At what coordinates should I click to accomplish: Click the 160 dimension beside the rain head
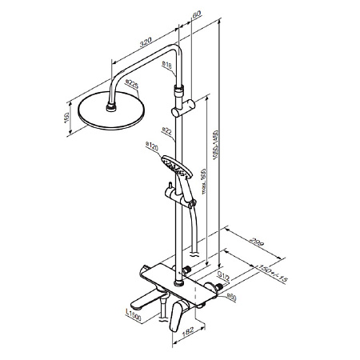[x=68, y=118]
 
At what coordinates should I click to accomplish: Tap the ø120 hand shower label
[x=150, y=145]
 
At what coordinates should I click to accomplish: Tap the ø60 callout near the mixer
[x=231, y=298]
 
